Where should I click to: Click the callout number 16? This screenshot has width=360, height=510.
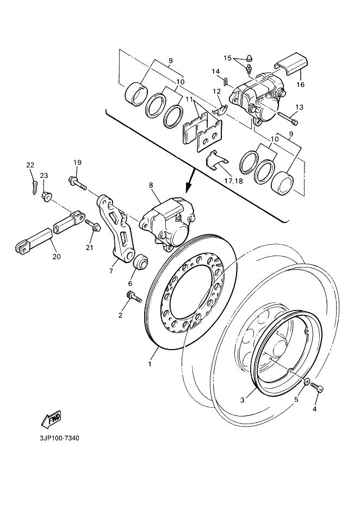(x=300, y=85)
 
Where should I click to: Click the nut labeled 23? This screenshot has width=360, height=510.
(x=47, y=196)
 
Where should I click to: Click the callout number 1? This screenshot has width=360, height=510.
(x=150, y=364)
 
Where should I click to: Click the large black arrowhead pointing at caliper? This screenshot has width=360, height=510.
(x=188, y=189)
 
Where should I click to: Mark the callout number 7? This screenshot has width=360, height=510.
(x=111, y=270)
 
